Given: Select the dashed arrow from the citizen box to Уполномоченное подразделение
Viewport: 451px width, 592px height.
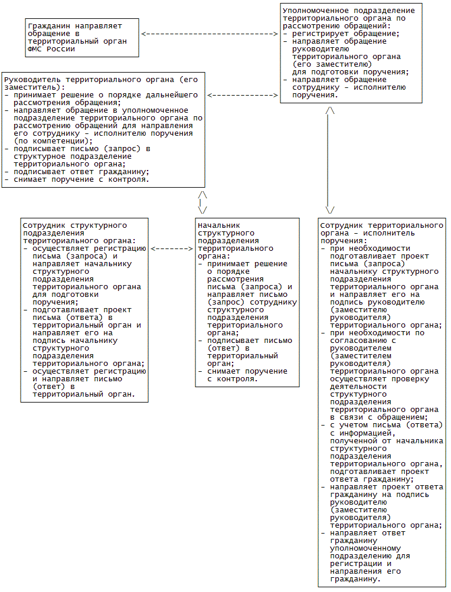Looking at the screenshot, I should [x=210, y=34].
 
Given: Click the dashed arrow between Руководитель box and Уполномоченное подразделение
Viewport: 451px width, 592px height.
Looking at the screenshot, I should [x=243, y=95].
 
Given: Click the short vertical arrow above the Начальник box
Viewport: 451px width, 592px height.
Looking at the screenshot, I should [x=202, y=202].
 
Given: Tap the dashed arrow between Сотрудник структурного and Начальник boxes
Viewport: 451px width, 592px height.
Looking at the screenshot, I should [x=172, y=248].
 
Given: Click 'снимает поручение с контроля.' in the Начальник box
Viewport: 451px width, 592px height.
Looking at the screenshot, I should [x=233, y=375].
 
